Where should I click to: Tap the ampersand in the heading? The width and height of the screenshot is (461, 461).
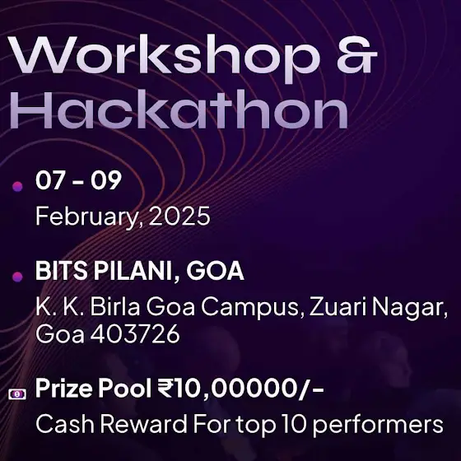tap(356, 54)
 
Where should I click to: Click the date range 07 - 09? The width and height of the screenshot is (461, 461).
tap(78, 180)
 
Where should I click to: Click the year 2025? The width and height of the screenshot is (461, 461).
tap(179, 216)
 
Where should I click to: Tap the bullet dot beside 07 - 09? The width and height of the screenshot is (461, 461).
tap(17, 186)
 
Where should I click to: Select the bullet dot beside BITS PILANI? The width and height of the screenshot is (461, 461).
tap(17, 277)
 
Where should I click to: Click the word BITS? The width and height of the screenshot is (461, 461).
tap(62, 271)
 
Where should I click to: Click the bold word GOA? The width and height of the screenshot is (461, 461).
tap(215, 271)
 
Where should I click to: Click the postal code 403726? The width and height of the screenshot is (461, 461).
tap(135, 333)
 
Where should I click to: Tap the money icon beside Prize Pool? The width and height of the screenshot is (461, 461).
tap(17, 394)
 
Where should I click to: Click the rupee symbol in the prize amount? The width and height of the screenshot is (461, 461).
tap(165, 388)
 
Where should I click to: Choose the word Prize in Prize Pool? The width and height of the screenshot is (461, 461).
tap(64, 388)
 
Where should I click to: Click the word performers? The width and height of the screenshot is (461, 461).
tap(378, 425)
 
